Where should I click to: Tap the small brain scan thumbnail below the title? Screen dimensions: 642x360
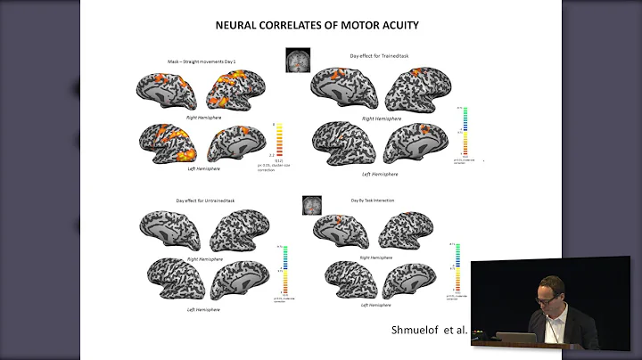pyautogui.click(x=298, y=61)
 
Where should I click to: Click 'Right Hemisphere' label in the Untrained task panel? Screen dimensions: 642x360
pyautogui.click(x=204, y=258)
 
